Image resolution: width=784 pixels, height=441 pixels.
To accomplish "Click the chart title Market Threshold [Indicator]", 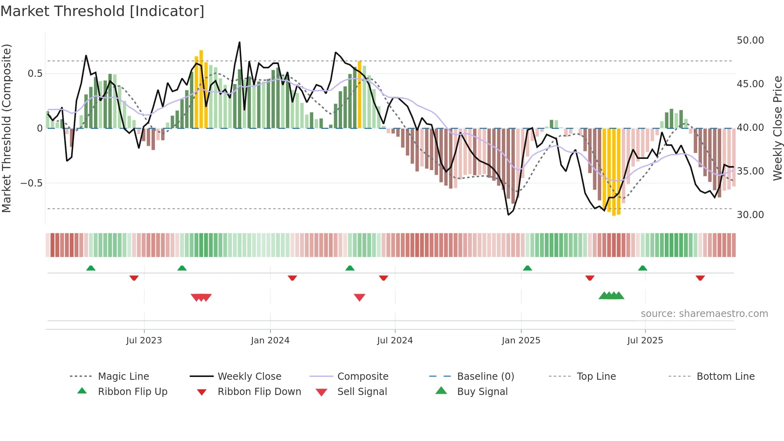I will coord(102,11).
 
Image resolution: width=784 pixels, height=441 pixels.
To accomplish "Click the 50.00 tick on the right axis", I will coord(750,40).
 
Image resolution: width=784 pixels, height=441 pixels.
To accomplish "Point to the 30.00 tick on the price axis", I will coord(750,215).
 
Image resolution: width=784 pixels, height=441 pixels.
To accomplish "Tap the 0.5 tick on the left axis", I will coord(35,74).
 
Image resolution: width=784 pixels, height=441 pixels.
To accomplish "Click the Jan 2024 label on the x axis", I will coord(270,341).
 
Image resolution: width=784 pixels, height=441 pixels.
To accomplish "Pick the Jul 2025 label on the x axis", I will coord(645,341).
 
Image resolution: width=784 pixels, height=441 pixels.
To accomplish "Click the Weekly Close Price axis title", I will coord(777,128).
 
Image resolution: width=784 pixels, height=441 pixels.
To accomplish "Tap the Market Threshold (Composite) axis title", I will coord(6,128).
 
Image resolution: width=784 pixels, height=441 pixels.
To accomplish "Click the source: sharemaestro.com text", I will coord(704,314).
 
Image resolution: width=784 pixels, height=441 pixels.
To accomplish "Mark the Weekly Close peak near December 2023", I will coord(240,42).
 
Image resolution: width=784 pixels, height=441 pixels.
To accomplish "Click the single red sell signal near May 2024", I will coord(360,297).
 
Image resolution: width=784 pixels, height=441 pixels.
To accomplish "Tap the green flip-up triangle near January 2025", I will coord(527,268).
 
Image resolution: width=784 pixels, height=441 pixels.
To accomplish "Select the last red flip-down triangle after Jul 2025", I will coord(700,278).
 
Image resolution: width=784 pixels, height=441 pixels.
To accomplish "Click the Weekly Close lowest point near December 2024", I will coord(508,215).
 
